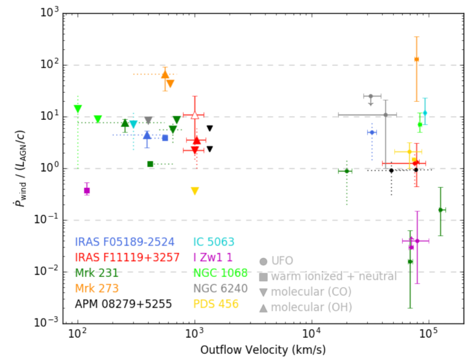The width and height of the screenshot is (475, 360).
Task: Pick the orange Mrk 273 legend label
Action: [x=96, y=288]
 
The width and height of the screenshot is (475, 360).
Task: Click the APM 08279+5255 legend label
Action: [x=123, y=304]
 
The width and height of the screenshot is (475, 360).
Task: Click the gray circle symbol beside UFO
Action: [x=264, y=261]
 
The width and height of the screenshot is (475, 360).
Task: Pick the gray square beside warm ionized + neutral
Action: [x=264, y=277]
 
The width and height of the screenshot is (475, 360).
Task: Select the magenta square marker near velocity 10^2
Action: [x=87, y=191]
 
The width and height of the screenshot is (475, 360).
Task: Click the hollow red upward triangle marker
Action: [x=194, y=114]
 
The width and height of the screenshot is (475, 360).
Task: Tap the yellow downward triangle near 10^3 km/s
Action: [x=195, y=191]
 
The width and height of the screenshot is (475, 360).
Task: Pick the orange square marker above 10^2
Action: [x=417, y=59]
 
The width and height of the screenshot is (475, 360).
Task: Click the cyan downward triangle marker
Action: [x=134, y=125]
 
